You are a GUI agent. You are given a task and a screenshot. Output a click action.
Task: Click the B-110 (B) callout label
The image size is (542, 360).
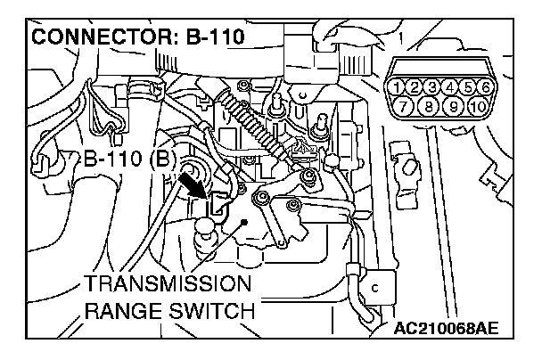129,160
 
